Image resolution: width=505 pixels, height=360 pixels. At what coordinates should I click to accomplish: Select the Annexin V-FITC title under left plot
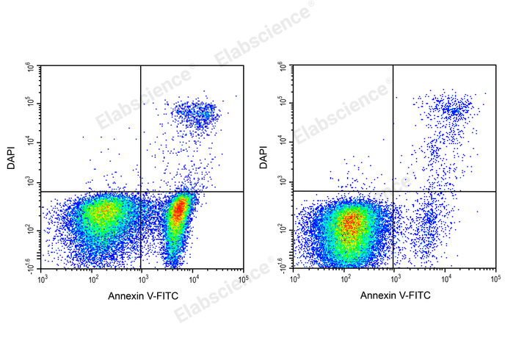142,295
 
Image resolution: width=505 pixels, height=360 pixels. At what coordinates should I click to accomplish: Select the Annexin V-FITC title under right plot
395,295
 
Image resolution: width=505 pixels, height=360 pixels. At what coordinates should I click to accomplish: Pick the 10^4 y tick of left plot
32,142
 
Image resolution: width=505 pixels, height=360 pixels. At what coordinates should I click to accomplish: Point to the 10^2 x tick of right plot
344,280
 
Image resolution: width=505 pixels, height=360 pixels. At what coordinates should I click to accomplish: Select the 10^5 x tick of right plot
495,280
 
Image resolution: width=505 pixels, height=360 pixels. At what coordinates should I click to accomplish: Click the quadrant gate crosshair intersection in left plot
140,192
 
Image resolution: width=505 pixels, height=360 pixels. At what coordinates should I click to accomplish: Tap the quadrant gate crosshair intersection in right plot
393,192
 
